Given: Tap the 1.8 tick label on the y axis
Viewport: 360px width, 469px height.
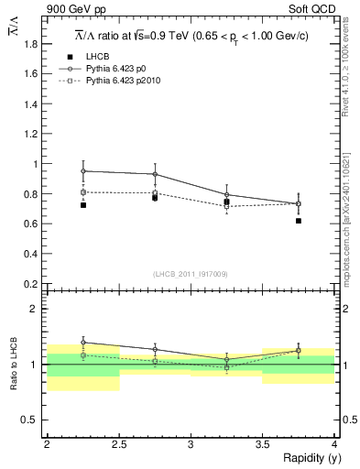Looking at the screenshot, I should point(30,44).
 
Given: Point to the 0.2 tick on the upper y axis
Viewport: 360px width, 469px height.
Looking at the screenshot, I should point(30,283).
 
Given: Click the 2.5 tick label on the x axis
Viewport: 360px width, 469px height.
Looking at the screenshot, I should point(118,444).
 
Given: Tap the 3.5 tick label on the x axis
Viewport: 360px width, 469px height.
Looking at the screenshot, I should point(263,444).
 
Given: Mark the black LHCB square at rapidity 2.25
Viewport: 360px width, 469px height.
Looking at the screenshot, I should point(83,205).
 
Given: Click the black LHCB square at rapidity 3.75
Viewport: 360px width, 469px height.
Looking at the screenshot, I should point(300,221).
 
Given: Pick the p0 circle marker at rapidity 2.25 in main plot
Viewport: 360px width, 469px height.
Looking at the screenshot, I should point(83,170).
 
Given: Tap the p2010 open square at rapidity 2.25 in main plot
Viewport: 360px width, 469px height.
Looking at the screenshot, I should point(83,192).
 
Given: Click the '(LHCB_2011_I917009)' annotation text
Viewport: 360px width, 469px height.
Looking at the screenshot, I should point(191,274).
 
